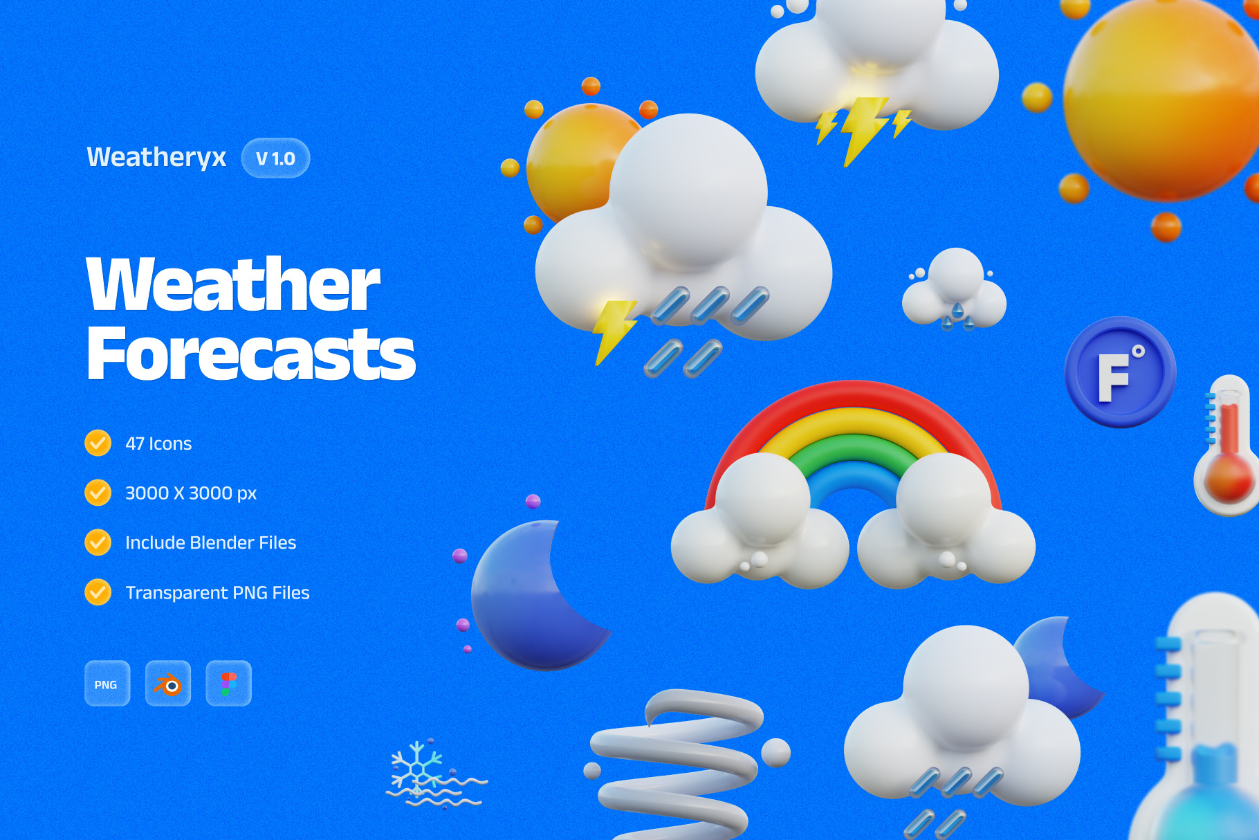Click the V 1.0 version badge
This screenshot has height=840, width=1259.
275,158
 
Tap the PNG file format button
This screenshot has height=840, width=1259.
107,684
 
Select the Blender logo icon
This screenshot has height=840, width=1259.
168,684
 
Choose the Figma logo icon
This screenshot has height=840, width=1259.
228,684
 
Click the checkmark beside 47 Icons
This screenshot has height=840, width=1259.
98,443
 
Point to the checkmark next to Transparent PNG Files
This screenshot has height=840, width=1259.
98,592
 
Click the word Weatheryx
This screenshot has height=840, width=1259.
156,157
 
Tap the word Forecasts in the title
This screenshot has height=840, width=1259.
250,354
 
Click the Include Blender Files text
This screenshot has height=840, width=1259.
210,542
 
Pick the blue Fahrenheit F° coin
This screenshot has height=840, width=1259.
1119,372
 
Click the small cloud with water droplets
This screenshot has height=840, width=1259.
955,291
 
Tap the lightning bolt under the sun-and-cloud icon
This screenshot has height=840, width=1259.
612,329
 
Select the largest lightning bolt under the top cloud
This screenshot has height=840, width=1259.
861,128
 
